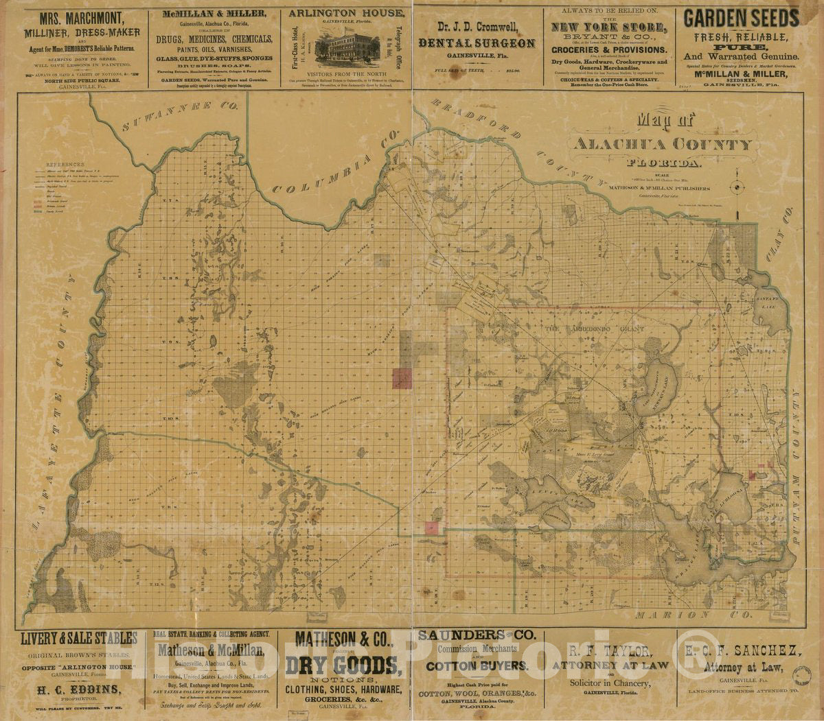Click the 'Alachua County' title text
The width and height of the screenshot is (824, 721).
[663, 145]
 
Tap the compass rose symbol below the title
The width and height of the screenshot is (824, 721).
[736, 187]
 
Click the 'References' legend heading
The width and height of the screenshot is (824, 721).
[65, 165]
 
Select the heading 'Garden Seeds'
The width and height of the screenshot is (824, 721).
[741, 19]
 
